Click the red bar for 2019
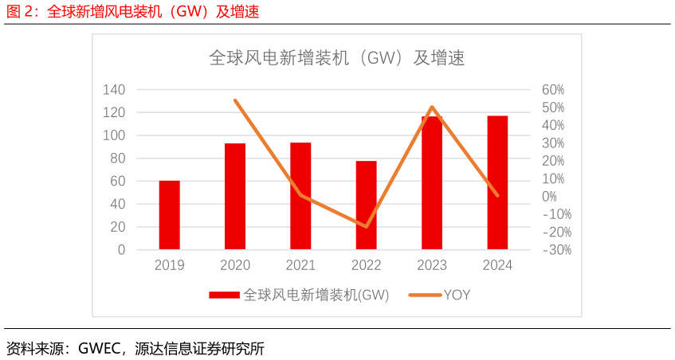(x=169, y=215)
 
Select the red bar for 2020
(x=235, y=196)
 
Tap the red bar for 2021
(x=300, y=196)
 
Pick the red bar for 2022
(x=366, y=205)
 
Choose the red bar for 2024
(x=497, y=182)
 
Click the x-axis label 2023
(x=432, y=265)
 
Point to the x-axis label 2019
(x=169, y=265)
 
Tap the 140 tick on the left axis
(x=114, y=90)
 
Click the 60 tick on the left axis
(x=117, y=181)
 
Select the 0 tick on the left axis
(x=121, y=249)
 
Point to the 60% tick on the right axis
(x=553, y=90)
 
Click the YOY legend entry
(x=457, y=295)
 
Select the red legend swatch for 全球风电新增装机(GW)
(x=224, y=295)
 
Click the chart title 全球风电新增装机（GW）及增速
(x=336, y=58)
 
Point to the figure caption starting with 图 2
(x=132, y=11)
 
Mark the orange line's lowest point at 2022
(x=367, y=227)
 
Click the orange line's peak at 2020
(x=235, y=100)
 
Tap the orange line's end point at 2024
(x=497, y=195)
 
